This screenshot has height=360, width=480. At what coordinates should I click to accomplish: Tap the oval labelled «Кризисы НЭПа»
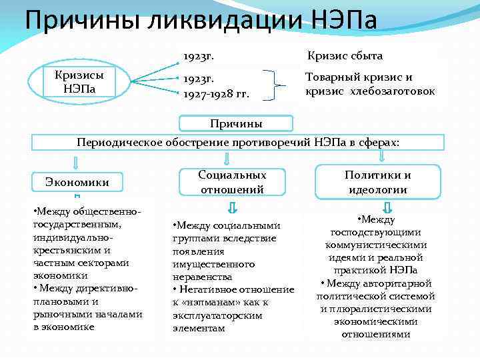[x=79, y=81]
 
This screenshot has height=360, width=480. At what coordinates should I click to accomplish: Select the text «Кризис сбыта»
[x=345, y=56]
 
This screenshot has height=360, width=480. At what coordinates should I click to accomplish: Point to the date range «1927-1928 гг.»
[x=217, y=93]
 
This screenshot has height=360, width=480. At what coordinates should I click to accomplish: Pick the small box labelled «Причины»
[x=236, y=123]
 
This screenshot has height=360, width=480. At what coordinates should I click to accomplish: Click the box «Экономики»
[x=77, y=181]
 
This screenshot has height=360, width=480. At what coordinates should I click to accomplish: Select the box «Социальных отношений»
[x=233, y=182]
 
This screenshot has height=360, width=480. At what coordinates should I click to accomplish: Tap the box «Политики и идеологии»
[x=377, y=182]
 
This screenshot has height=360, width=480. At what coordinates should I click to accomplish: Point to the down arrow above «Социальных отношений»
[x=227, y=159]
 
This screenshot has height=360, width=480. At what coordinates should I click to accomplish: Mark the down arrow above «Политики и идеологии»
[x=381, y=156]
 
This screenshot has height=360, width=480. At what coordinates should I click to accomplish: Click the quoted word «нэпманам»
[x=212, y=303]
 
